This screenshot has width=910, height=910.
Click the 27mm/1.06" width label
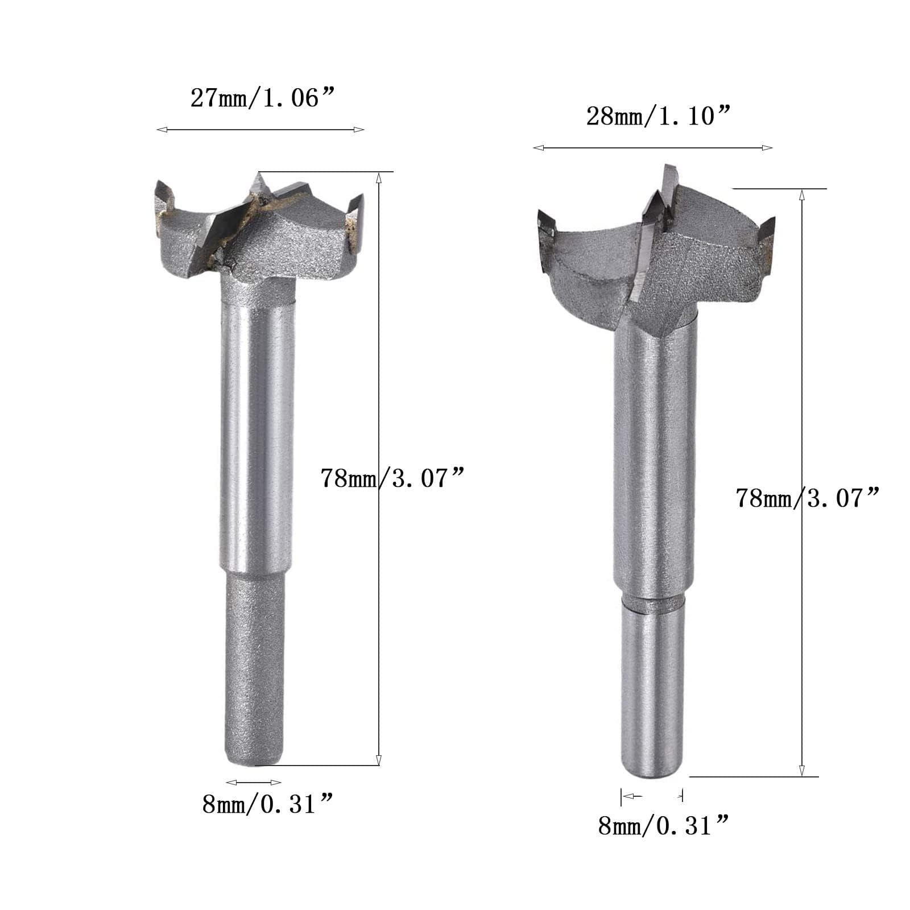[261, 98]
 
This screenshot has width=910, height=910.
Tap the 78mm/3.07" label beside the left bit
[393, 478]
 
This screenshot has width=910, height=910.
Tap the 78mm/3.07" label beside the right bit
[808, 498]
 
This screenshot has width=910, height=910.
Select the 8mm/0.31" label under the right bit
[664, 825]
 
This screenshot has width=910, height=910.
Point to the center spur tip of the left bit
[259, 173]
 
